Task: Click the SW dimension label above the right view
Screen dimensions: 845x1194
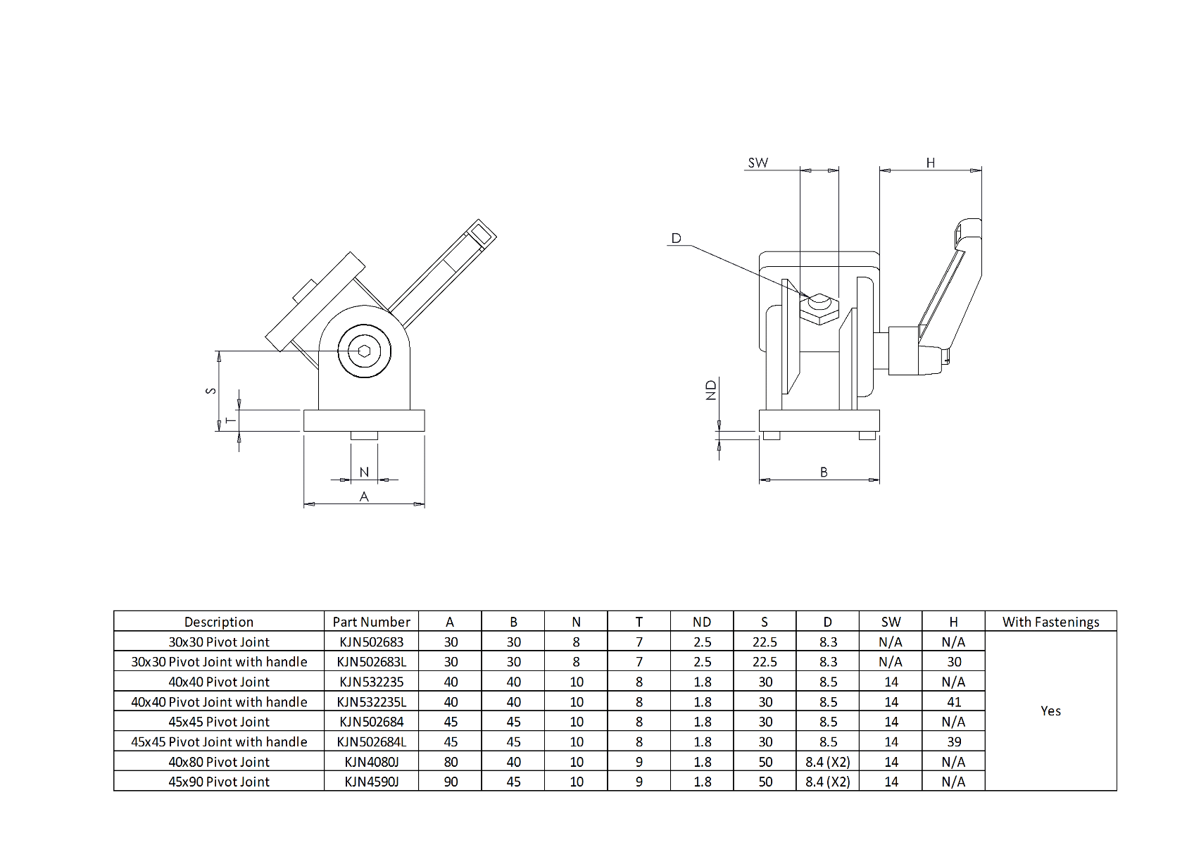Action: pyautogui.click(x=758, y=163)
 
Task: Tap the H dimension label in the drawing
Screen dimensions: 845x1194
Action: pyautogui.click(x=930, y=163)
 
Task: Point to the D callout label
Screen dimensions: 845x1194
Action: pyautogui.click(x=676, y=238)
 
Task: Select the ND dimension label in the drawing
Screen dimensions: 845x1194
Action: pyautogui.click(x=711, y=389)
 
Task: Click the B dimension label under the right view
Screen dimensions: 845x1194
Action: pyautogui.click(x=824, y=472)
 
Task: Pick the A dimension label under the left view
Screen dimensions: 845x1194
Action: pyautogui.click(x=364, y=496)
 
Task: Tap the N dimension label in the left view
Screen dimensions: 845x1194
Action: pyautogui.click(x=364, y=472)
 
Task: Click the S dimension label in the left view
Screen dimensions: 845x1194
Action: pyautogui.click(x=210, y=390)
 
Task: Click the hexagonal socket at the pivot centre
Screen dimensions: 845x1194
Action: pyautogui.click(x=364, y=351)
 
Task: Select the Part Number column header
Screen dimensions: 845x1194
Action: pyautogui.click(x=371, y=622)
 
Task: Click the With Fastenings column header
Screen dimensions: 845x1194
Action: pyautogui.click(x=1050, y=622)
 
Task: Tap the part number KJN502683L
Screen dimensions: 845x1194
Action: pyautogui.click(x=371, y=662)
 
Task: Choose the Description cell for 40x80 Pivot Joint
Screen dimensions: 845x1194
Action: pyautogui.click(x=219, y=762)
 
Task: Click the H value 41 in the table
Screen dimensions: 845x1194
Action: pyautogui.click(x=954, y=702)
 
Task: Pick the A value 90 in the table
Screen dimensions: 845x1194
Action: pyautogui.click(x=451, y=782)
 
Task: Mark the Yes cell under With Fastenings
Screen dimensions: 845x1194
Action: pyautogui.click(x=1050, y=711)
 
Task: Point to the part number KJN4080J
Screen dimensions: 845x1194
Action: pyautogui.click(x=371, y=762)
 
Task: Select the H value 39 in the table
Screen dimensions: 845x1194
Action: pyautogui.click(x=954, y=741)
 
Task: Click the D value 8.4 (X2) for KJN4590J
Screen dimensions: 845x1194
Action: pyautogui.click(x=827, y=782)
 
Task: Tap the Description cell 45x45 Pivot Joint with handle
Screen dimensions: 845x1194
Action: pyautogui.click(x=219, y=741)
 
